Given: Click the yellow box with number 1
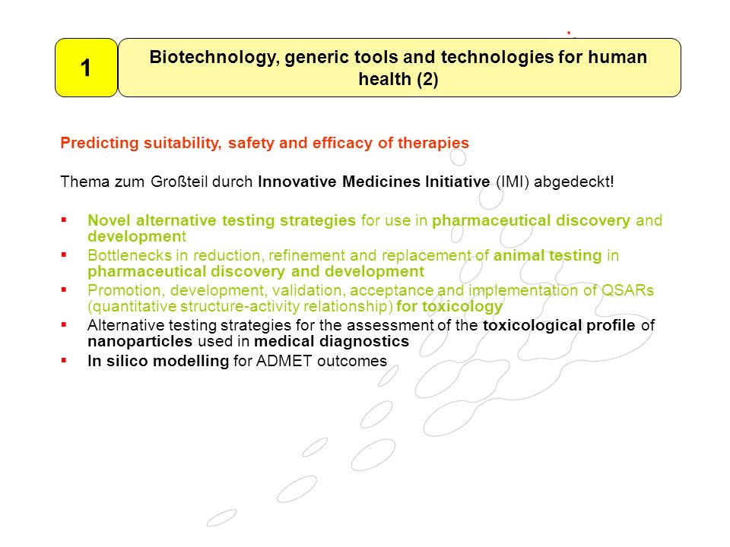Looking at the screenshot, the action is click(x=86, y=68).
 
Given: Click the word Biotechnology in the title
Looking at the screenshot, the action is click(x=214, y=58).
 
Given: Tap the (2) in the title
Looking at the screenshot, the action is click(x=427, y=80).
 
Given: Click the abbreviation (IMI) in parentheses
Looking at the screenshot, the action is click(x=513, y=182).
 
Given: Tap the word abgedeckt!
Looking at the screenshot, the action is click(x=574, y=182).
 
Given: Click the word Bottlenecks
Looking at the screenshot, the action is click(x=129, y=255).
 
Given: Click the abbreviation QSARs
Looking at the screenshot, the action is click(x=627, y=289).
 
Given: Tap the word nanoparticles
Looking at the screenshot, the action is click(x=140, y=341).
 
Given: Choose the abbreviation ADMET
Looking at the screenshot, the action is click(x=284, y=361).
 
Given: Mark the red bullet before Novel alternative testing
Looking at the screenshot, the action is click(x=64, y=220).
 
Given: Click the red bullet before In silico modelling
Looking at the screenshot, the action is click(x=64, y=360).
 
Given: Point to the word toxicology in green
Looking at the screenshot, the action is click(x=462, y=306).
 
